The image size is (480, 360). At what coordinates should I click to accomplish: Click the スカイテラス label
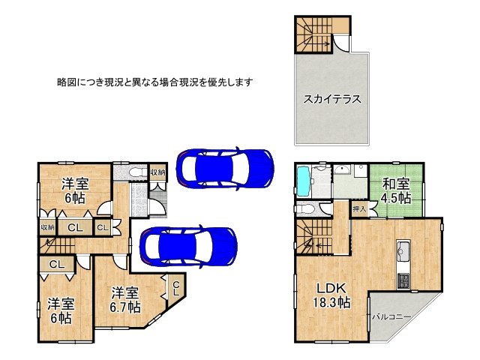pyautogui.click(x=331, y=97)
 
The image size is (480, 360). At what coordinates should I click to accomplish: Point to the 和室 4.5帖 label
pyautogui.click(x=395, y=190)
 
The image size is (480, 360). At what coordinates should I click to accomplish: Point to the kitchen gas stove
pyautogui.click(x=403, y=280)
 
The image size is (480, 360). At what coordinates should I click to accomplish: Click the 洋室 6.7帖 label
pyautogui.click(x=124, y=299)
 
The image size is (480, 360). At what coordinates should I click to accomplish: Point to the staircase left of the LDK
pyautogui.click(x=314, y=236)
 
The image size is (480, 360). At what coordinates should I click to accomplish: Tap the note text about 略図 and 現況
pyautogui.click(x=154, y=81)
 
